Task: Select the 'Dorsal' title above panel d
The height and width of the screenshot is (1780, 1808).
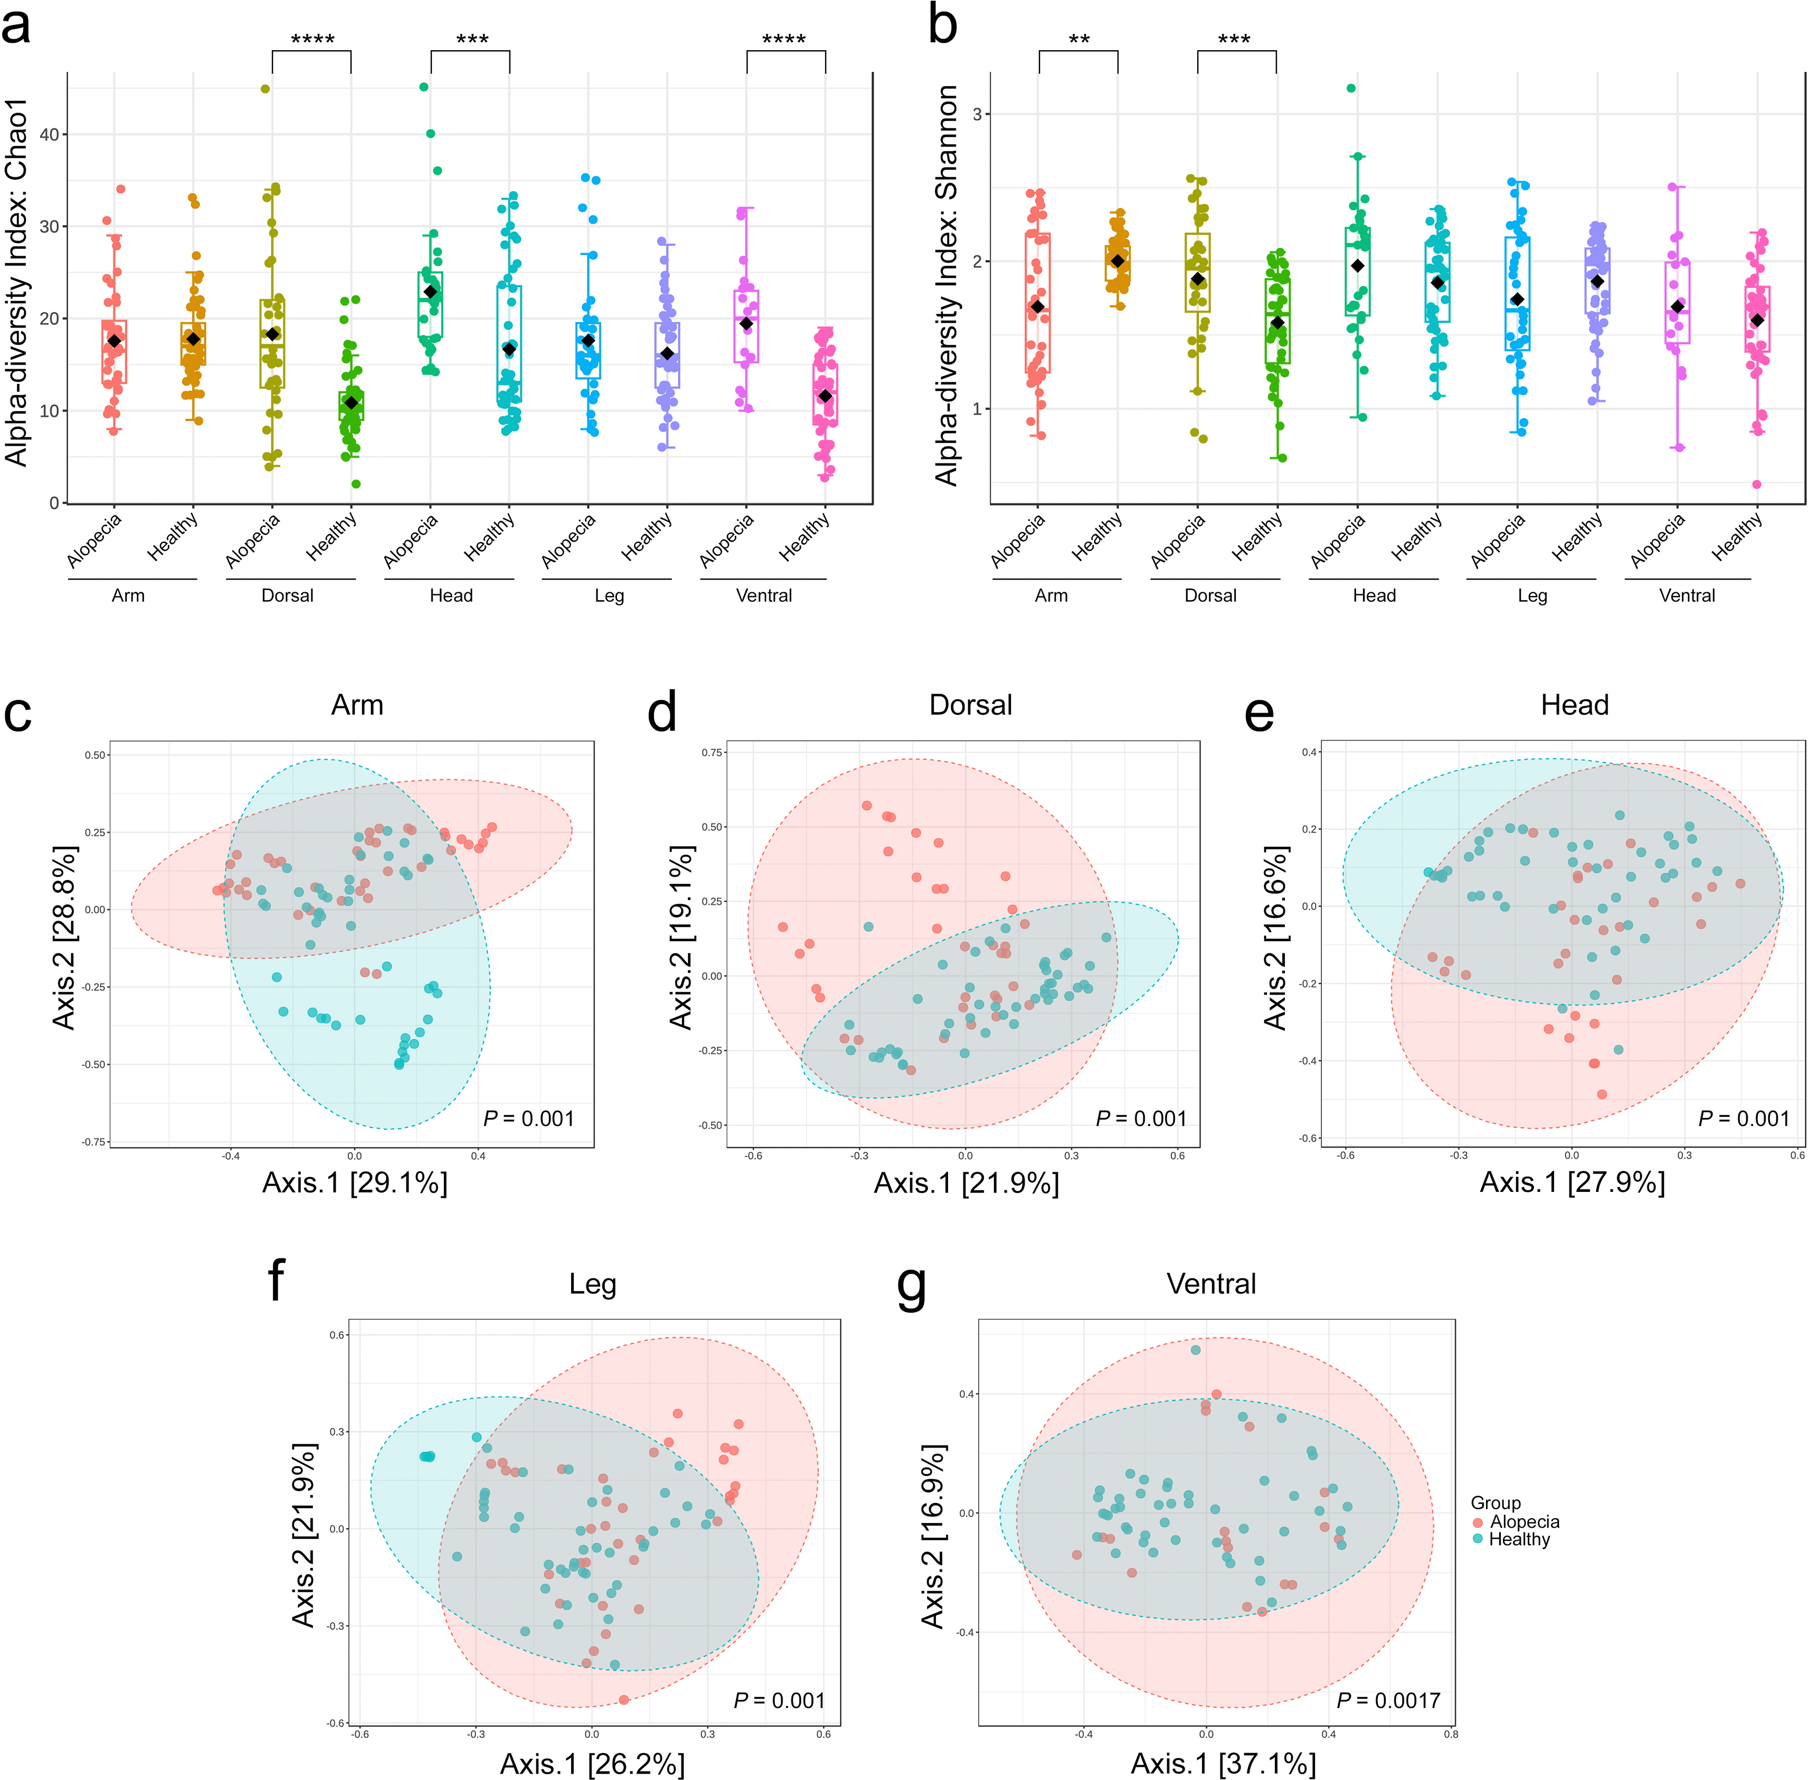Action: pos(970,705)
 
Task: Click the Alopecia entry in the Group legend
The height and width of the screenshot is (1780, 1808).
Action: pos(1524,1522)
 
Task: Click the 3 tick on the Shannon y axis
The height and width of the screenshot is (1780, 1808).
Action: pos(977,114)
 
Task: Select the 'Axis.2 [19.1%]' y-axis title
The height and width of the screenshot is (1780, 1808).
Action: pos(683,938)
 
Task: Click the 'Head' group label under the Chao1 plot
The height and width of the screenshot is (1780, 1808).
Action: pos(451,595)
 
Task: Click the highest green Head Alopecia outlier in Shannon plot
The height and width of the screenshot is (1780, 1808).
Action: pos(1351,89)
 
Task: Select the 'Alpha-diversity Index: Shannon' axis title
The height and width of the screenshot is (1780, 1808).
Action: pos(947,285)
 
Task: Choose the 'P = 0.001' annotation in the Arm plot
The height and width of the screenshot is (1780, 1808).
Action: pos(528,1118)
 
